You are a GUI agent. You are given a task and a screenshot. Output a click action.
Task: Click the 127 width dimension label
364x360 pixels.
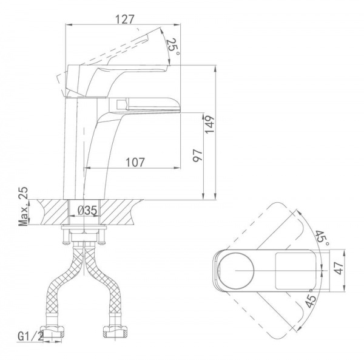(x=125, y=19)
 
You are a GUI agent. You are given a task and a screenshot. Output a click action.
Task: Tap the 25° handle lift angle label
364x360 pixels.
(x=173, y=47)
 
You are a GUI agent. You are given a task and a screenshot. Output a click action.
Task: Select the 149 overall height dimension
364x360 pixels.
(x=210, y=124)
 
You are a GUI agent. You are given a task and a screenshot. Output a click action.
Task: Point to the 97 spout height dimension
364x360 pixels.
(x=198, y=155)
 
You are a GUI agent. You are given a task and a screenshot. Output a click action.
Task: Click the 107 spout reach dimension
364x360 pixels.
(x=135, y=162)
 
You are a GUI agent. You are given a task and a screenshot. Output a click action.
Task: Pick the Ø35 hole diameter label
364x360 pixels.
(x=87, y=211)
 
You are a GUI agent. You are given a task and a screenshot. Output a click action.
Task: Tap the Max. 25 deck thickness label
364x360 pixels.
(x=23, y=206)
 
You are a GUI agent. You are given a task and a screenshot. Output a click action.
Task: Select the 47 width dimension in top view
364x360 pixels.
(x=339, y=268)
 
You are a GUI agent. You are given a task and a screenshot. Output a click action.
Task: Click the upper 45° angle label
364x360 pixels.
(x=323, y=237)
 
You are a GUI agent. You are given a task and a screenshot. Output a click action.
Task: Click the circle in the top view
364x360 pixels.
(x=236, y=270)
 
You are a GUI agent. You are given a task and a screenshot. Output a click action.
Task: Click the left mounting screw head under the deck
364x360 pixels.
(x=66, y=243)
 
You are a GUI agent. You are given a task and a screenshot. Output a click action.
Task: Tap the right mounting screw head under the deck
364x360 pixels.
(x=102, y=243)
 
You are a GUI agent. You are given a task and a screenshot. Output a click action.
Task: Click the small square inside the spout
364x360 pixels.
(x=121, y=104)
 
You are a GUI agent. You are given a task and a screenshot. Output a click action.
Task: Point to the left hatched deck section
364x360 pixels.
(x=53, y=212)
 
